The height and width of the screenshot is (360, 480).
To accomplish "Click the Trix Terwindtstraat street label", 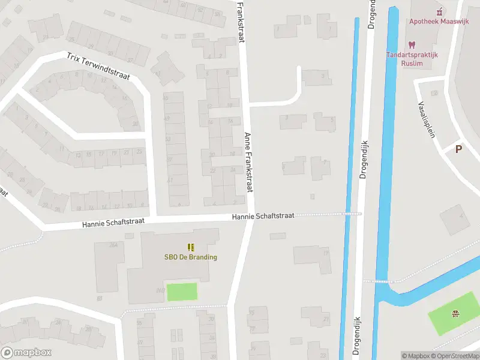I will tap(98, 67).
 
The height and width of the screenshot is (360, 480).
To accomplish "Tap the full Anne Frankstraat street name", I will tap(247, 162).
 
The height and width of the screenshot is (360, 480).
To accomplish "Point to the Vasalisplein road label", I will tap(425, 119).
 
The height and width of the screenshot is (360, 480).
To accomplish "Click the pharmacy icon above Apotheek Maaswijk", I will tap(439, 11).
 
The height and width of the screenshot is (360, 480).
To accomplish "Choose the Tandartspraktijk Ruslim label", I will tap(412, 59).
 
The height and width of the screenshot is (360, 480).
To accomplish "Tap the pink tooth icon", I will tap(412, 44).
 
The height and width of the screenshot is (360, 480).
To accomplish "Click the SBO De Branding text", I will tap(191, 257).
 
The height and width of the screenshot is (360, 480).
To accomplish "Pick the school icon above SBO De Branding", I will tap(191, 247).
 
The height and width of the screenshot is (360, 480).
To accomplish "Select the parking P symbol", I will tap(459, 149).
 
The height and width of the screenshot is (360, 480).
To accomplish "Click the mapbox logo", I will tap(26, 353).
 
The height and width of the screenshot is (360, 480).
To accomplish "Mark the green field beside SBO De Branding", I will tap(182, 292).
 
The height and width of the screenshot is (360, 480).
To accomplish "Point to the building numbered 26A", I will tap(113, 245).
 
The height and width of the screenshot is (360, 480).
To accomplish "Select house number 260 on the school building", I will tap(160, 290).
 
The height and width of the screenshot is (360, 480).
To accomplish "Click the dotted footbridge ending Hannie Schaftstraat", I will tap(351, 213).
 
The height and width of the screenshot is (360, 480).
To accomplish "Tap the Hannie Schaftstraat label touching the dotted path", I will tap(263, 216).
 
